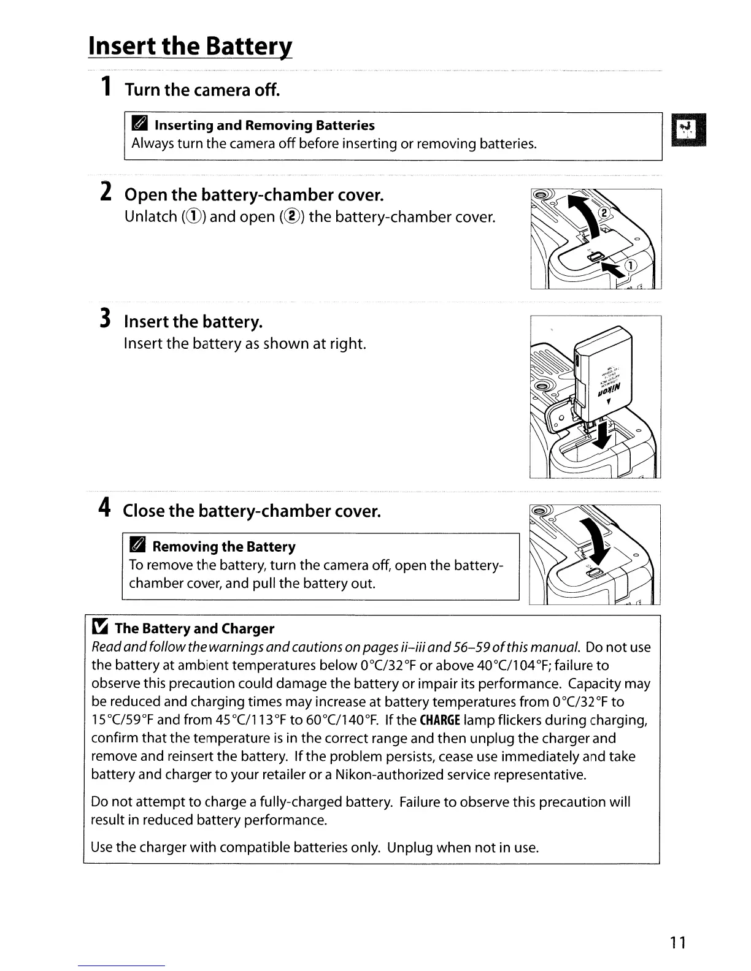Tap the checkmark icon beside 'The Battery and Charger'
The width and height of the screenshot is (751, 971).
pos(100,628)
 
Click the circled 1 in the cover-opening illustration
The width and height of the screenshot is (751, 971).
pos(631,265)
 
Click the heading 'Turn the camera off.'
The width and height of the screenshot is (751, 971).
pos(202,90)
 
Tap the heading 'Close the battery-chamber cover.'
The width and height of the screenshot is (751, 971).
pos(252,510)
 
